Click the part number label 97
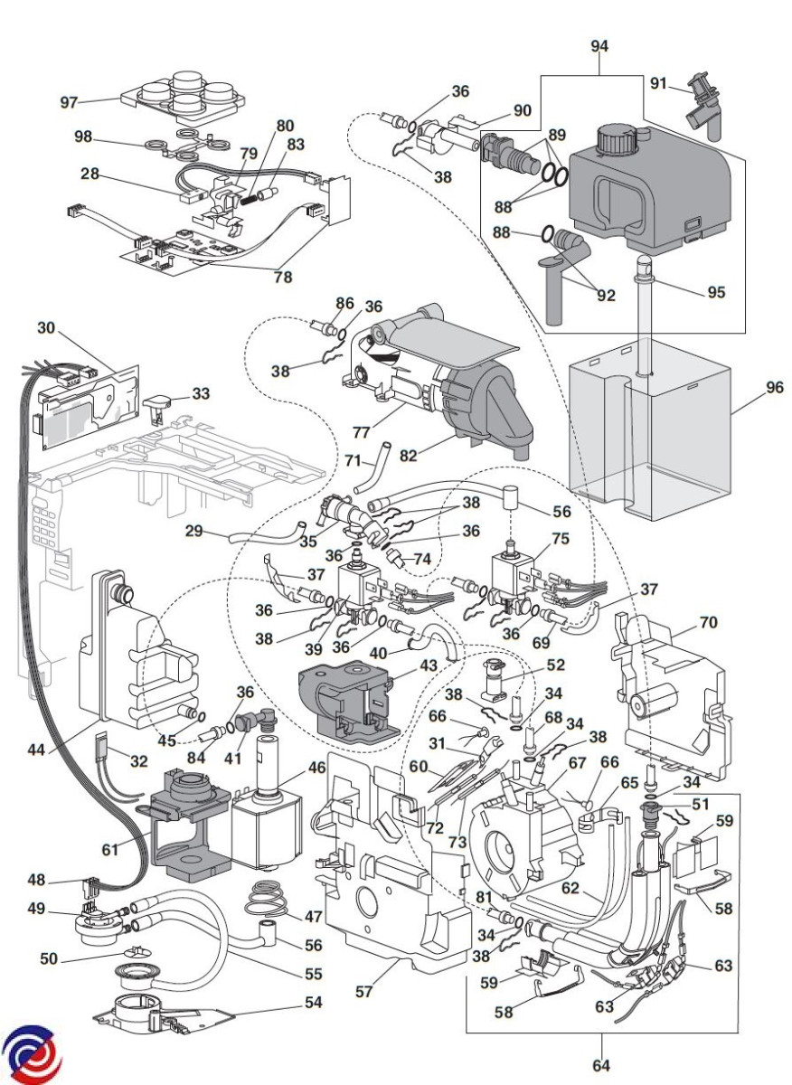(69, 102)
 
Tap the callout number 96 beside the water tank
(774, 388)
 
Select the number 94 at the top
(599, 44)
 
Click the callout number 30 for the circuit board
(46, 326)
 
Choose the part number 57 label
(363, 991)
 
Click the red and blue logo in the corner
(32, 1054)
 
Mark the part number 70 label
(708, 622)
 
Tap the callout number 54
(313, 1002)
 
